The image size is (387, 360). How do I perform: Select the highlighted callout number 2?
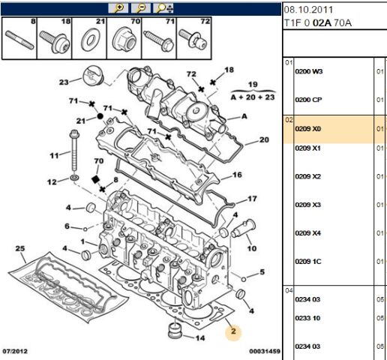233,331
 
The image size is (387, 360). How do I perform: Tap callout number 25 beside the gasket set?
20,248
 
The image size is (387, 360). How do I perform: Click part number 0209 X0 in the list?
307,129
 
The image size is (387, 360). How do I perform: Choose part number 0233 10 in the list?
307,318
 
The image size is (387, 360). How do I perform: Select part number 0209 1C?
307,261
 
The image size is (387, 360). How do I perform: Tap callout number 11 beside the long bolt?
53,156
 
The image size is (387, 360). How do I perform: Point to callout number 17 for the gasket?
252,199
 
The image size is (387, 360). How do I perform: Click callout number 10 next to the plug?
252,248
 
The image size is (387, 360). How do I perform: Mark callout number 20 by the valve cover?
263,140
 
